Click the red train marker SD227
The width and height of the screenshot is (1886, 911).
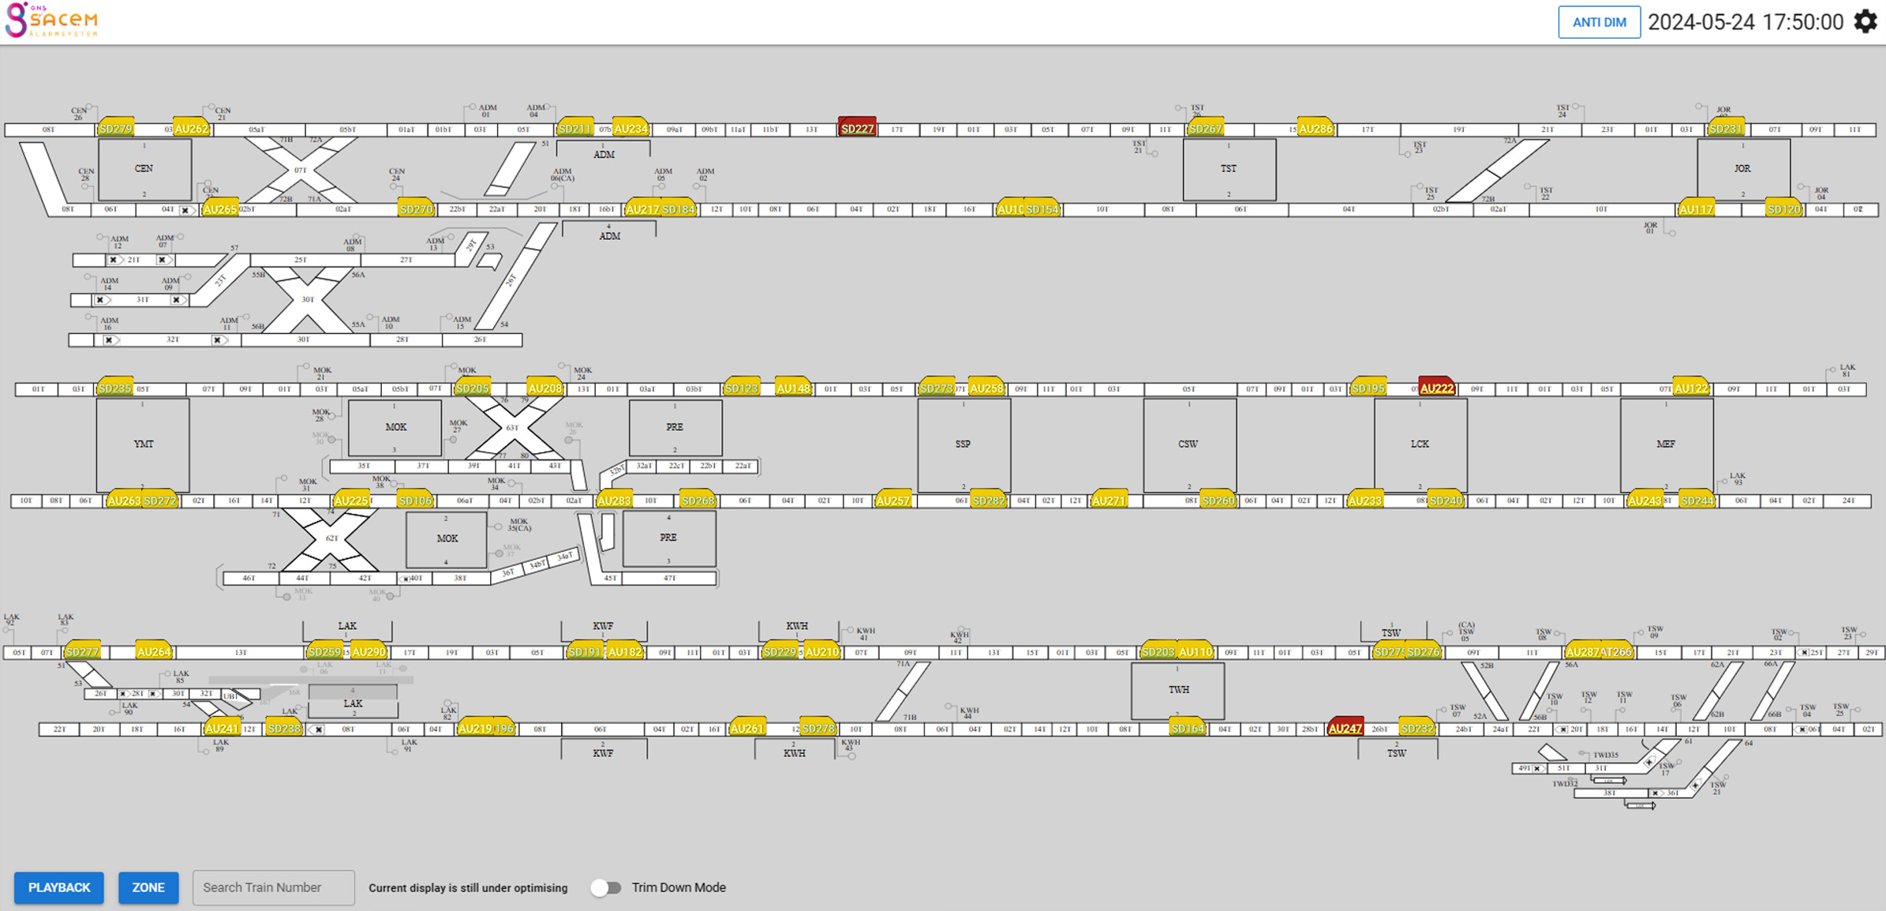[857, 128]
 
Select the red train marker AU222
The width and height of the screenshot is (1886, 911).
[1436, 388]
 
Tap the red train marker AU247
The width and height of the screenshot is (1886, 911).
[1345, 728]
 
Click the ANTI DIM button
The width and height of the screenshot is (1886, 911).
[1599, 22]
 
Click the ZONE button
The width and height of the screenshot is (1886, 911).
[148, 887]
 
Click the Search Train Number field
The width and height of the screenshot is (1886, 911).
[273, 887]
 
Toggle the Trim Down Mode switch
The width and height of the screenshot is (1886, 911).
[606, 887]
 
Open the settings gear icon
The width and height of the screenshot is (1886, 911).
[1865, 21]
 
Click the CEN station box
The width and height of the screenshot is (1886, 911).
[144, 169]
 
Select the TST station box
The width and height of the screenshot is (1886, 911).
[1229, 169]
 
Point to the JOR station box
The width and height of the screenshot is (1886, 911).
[1743, 169]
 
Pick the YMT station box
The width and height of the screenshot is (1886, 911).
[143, 444]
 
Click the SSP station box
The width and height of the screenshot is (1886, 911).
[963, 444]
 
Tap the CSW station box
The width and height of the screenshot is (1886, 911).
[1188, 444]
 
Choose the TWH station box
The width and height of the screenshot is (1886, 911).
[1177, 690]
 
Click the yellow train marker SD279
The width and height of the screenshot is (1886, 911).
[115, 128]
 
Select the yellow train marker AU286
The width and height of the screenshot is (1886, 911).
[1315, 128]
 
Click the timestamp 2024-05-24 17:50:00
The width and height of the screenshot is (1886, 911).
[1746, 22]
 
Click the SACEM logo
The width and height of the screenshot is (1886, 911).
[52, 20]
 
